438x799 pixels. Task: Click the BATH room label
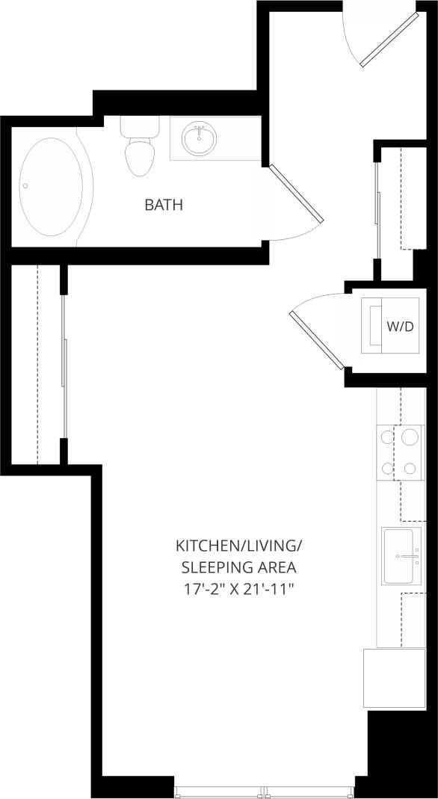pos(164,205)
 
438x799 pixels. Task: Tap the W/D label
pos(400,327)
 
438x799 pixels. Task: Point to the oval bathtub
pos(50,187)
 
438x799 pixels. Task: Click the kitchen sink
pos(401,556)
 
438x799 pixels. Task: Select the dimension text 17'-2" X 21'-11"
pos(239,589)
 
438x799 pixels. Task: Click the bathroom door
pos(295,192)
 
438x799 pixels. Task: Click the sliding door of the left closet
pos(65,366)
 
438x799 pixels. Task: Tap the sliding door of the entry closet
pos(378,213)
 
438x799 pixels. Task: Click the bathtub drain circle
pos(25,186)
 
